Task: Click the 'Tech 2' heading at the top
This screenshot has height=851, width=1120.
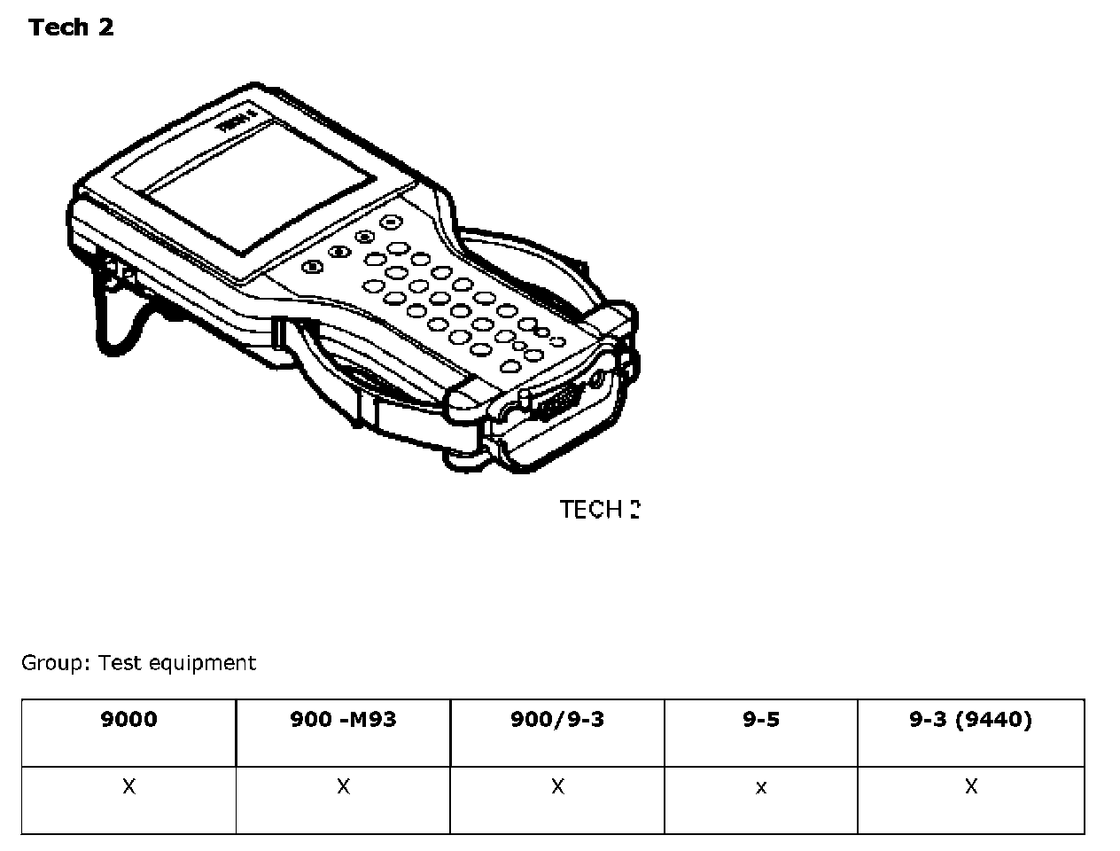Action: click(71, 27)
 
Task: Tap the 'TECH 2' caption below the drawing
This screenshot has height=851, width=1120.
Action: click(599, 510)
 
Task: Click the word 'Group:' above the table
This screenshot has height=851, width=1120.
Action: click(56, 663)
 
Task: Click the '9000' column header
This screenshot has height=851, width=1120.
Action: click(128, 719)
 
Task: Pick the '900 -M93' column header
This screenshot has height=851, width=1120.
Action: click(343, 719)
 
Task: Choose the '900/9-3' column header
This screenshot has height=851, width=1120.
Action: click(557, 719)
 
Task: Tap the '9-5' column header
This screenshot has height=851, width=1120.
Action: click(761, 719)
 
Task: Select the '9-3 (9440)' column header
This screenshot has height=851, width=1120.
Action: click(970, 719)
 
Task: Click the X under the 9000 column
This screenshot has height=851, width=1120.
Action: click(128, 786)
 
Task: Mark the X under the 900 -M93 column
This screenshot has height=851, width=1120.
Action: click(343, 786)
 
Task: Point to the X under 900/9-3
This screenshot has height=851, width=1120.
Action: click(557, 786)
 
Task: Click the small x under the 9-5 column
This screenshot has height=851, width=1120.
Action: click(761, 787)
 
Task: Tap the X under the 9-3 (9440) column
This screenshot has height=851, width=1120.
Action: click(971, 786)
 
